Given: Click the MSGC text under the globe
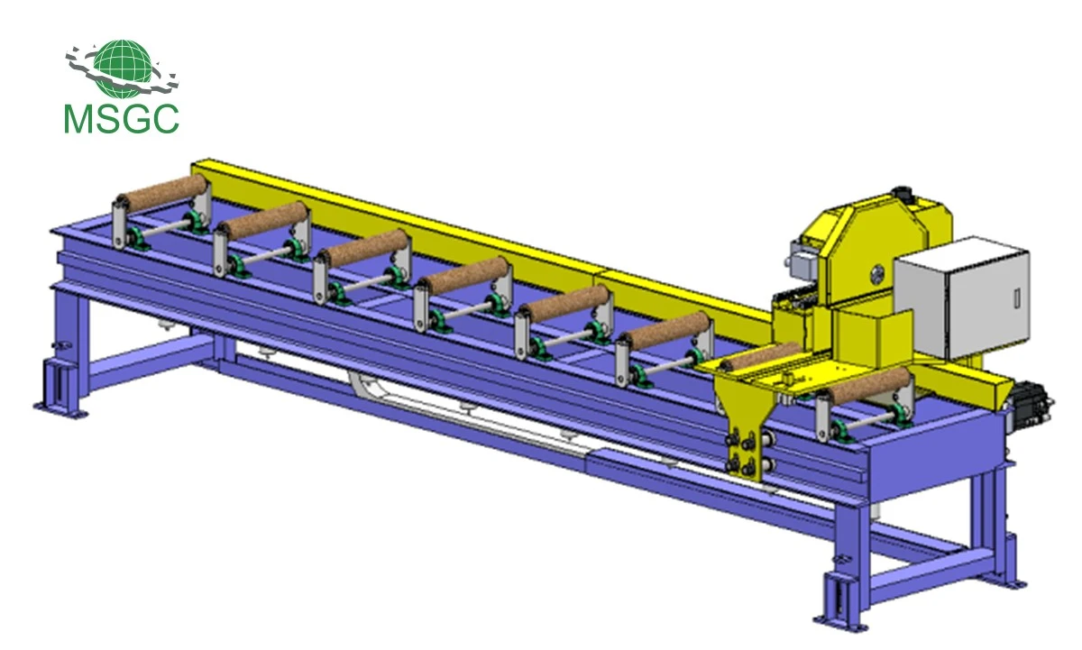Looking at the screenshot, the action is [121, 119].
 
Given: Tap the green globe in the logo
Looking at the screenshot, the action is [122, 68].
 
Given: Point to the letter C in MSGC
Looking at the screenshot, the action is [164, 119].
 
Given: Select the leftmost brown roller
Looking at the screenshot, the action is [164, 192].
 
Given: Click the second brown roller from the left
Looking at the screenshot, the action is [265, 220].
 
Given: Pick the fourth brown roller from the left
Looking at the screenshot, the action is [466, 275].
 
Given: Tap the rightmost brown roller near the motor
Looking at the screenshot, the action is [869, 385].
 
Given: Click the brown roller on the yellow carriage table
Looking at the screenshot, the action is [761, 356].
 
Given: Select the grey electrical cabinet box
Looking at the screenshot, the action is [961, 298].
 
